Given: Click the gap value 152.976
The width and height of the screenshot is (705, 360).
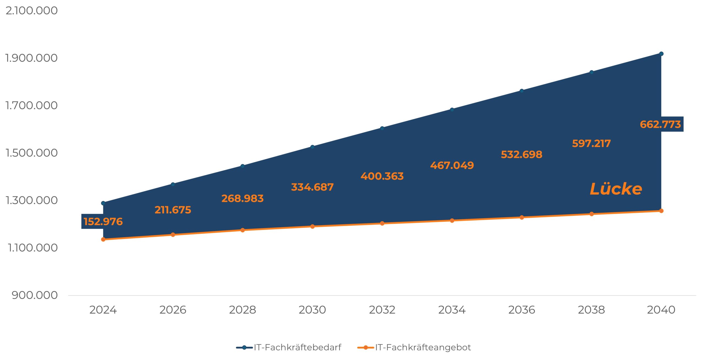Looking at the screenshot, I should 103,222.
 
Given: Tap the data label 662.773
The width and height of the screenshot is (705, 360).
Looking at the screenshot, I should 660,124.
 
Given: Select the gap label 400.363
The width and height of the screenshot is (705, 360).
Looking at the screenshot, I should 382,176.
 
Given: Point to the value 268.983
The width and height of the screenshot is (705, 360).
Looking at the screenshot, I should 242,198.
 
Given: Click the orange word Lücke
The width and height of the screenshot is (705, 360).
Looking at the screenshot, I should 615,189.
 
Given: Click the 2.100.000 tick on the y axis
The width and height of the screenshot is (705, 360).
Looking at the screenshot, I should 32,11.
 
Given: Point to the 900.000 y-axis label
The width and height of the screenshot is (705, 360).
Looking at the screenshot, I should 35,295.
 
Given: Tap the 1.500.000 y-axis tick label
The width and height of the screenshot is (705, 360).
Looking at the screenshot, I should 32,153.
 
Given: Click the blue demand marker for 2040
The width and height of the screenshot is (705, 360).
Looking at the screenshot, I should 661,54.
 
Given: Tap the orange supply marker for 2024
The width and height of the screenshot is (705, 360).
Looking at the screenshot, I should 103,239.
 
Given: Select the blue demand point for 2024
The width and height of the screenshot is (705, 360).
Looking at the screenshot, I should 103,203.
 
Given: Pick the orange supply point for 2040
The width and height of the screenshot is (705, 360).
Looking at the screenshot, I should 661,211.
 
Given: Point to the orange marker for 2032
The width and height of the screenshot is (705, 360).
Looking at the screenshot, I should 382,223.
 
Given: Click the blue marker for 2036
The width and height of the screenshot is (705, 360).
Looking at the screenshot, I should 522,91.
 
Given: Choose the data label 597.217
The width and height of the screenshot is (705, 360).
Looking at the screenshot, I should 591,144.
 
